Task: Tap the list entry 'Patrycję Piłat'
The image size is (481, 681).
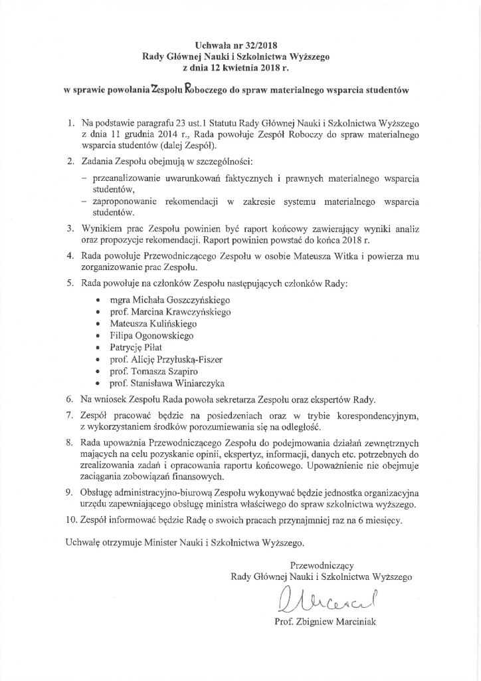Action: click(x=137, y=348)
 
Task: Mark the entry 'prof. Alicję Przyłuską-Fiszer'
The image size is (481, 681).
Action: click(x=166, y=360)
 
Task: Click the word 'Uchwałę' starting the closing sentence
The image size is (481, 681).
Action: click(x=82, y=543)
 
